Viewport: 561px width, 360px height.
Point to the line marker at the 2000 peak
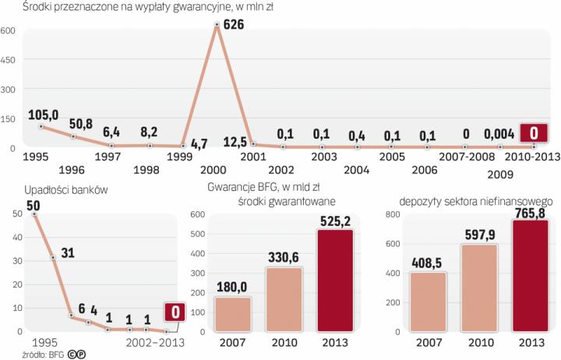click(216, 26)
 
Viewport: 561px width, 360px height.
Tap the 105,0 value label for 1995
click(43, 115)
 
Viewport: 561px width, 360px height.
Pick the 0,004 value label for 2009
click(499, 134)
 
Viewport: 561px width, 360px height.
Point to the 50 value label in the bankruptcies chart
click(34, 205)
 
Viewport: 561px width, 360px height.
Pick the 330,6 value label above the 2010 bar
click(285, 256)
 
